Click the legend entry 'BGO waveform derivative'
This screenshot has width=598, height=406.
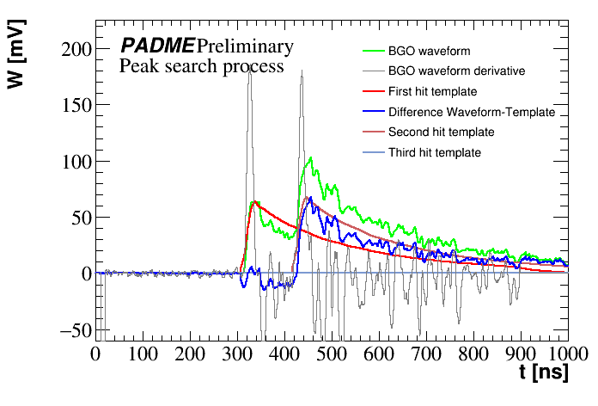(456, 71)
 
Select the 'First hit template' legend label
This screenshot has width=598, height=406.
(432, 91)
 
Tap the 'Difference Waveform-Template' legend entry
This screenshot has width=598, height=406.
(472, 112)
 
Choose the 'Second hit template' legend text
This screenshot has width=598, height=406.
(441, 132)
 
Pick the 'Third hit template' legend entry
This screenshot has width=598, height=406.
(434, 153)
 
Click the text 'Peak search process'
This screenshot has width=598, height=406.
(202, 66)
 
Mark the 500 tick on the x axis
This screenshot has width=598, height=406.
(332, 354)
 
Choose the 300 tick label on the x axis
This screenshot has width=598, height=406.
(237, 354)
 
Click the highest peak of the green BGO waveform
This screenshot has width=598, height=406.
(310, 157)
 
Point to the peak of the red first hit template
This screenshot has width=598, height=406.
(255, 202)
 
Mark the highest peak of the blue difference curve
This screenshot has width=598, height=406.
(309, 198)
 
